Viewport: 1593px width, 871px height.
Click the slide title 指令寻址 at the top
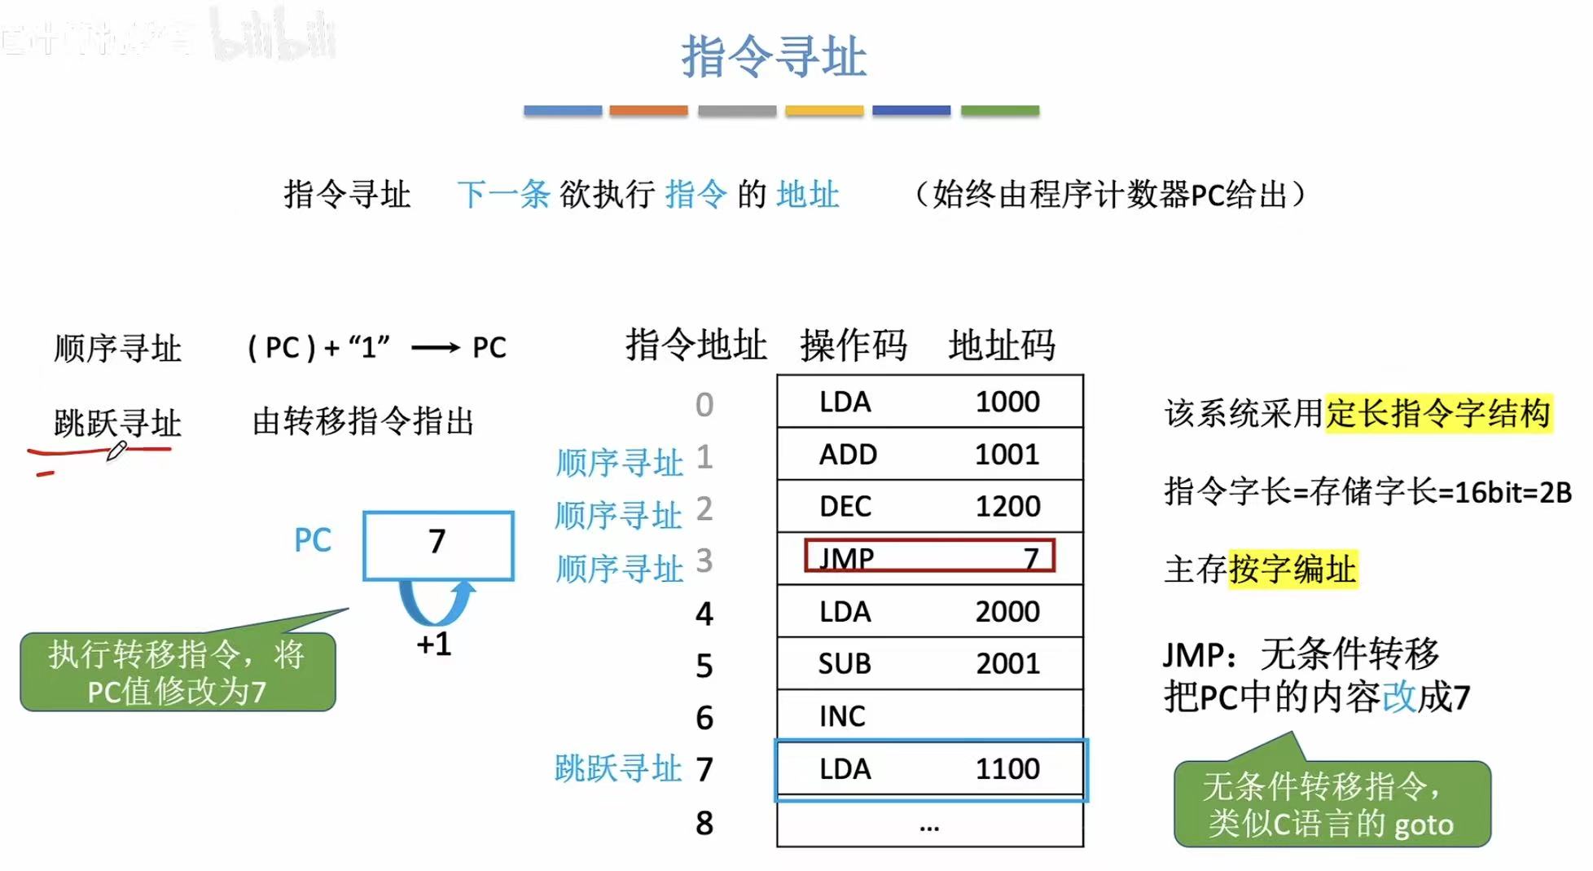coord(774,57)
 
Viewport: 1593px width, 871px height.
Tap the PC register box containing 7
coord(438,544)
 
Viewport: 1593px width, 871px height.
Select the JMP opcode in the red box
coord(847,558)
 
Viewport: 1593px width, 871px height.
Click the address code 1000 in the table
coord(1007,402)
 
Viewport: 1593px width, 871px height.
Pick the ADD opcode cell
coord(848,455)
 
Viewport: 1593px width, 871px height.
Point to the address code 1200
coord(1007,507)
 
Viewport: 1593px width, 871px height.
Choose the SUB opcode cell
coord(845,664)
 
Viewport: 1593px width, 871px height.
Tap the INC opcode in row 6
coord(842,716)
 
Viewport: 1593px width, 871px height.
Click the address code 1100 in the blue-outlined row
coord(1007,769)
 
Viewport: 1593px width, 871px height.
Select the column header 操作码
coord(853,345)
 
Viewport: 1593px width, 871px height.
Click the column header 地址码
coord(1002,345)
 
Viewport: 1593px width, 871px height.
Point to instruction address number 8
coord(704,824)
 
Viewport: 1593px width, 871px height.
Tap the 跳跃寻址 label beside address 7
coord(617,768)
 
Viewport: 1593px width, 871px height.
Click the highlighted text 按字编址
coord(1292,569)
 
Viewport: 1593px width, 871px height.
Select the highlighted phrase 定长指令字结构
coord(1437,413)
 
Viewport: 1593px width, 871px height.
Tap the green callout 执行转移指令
coord(178,672)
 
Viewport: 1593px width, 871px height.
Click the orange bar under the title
coord(648,110)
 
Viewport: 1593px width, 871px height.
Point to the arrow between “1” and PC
coord(436,349)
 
